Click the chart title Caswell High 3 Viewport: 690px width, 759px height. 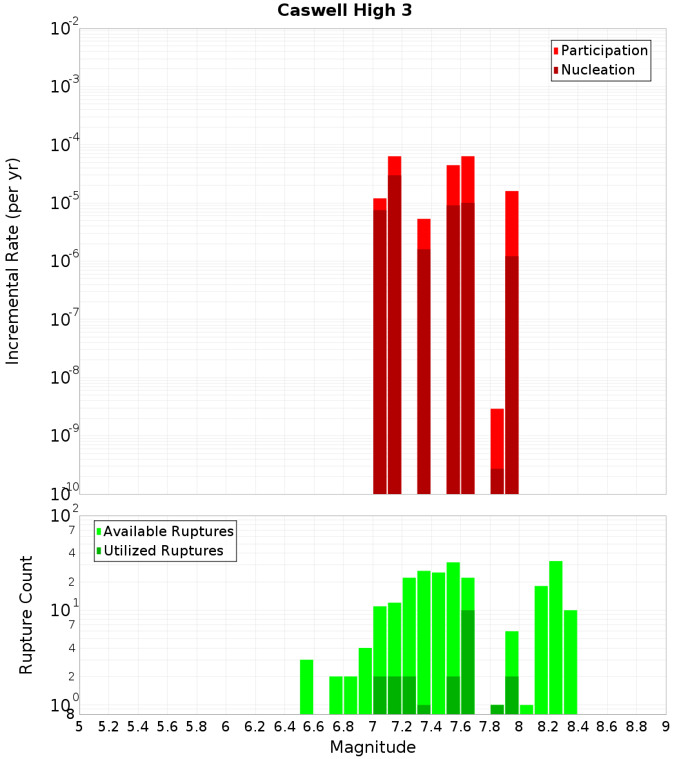pos(344,11)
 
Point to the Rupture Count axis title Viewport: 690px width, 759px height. pos(26,615)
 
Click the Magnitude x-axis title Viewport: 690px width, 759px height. pos(373,747)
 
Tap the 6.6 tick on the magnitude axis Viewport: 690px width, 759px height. pos(314,726)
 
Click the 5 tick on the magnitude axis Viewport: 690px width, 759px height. pos(79,726)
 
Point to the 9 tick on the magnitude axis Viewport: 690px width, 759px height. pos(666,726)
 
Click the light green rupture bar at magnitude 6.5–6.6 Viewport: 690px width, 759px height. pos(307,687)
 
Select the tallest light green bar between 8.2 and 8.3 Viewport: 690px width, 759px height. pos(556,638)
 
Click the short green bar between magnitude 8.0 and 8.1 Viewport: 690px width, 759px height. pos(526,709)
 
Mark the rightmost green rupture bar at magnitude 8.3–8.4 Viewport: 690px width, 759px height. pos(571,662)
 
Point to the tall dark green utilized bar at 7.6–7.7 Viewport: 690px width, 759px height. pos(468,662)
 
